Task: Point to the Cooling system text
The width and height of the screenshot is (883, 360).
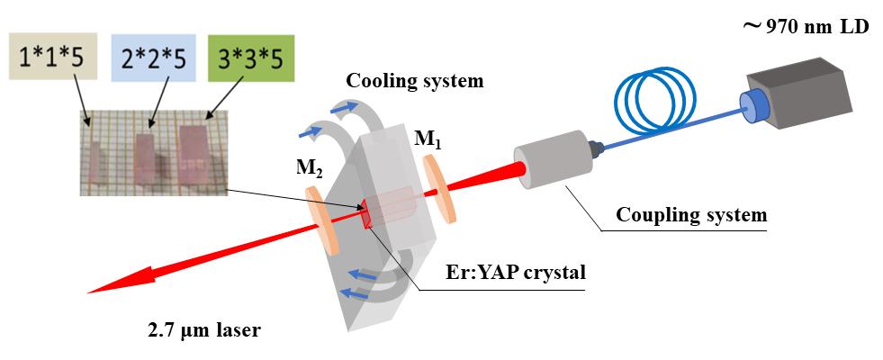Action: click(415, 81)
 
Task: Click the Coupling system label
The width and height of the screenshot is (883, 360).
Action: click(691, 215)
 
